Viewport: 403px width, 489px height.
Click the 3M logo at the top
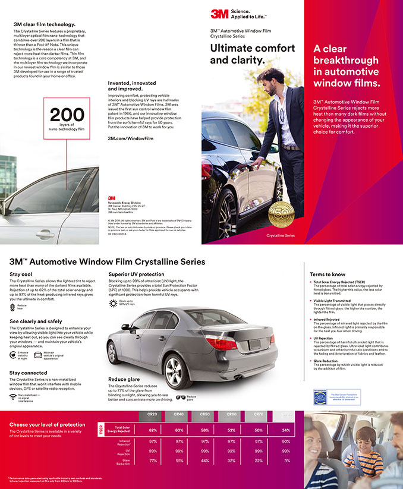[x=219, y=14]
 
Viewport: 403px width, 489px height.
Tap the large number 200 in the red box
[x=67, y=115]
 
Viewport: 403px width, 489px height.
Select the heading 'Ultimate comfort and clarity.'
[x=252, y=54]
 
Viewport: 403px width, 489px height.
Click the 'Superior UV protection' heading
[x=136, y=274]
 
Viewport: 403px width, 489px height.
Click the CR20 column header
[x=152, y=414]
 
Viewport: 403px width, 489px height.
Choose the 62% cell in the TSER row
[x=152, y=430]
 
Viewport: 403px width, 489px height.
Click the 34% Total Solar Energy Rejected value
[x=286, y=430]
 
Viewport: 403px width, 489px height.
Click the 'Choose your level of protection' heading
[x=48, y=424]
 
